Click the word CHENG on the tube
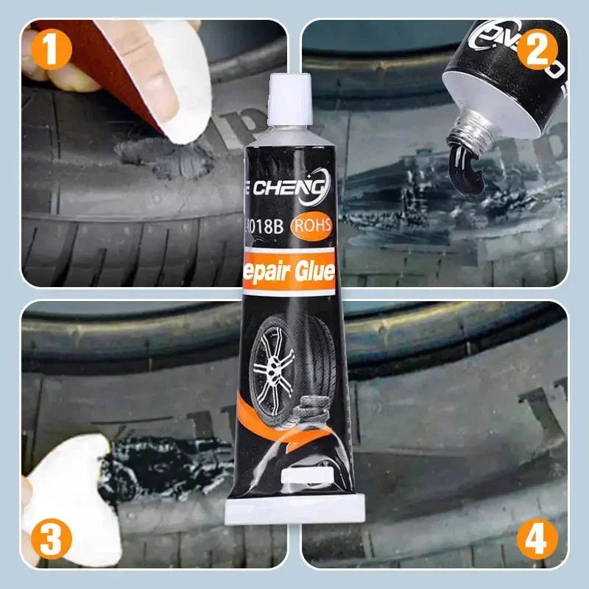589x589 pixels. (x=292, y=191)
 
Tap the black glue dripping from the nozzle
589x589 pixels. (x=463, y=158)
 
